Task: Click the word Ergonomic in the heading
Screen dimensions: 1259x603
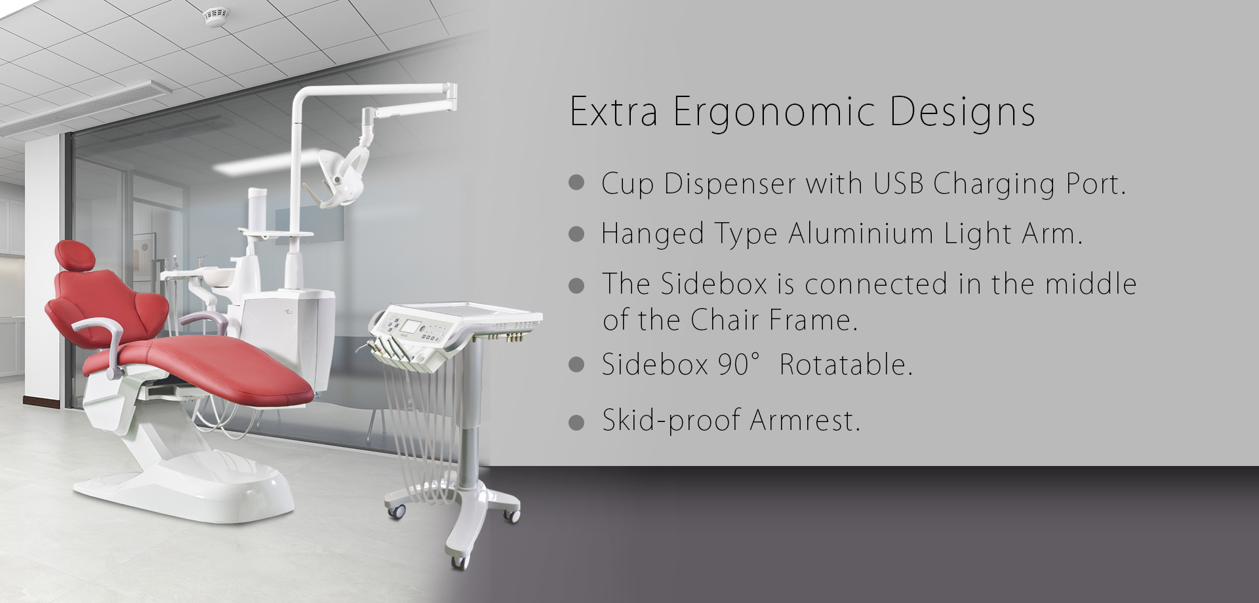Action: click(774, 112)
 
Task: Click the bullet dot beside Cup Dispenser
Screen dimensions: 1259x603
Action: click(576, 183)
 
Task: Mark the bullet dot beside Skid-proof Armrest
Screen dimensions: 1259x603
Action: click(576, 423)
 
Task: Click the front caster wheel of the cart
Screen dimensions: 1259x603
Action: click(458, 561)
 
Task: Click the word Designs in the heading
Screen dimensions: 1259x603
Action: click(962, 112)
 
